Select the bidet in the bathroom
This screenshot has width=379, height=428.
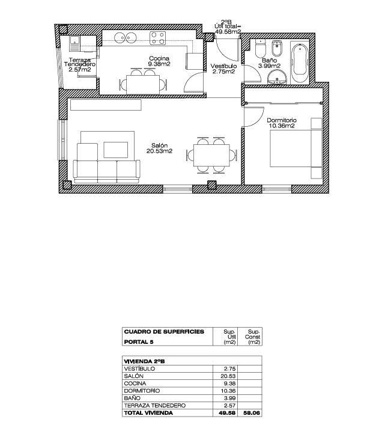[277, 49]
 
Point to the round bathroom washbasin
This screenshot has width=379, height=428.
[277, 76]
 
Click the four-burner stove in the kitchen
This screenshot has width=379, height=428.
[158, 38]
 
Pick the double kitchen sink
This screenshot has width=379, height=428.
[128, 38]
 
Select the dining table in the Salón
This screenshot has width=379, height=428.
[210, 154]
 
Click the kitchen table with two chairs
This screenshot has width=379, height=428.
[143, 82]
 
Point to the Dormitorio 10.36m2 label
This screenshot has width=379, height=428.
[281, 123]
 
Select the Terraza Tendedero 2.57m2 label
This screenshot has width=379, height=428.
[79, 65]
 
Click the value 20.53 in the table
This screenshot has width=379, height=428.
[226, 376]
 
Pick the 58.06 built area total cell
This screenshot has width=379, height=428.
[250, 413]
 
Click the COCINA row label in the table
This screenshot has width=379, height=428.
[135, 384]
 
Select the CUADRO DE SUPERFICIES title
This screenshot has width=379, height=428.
[163, 331]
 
